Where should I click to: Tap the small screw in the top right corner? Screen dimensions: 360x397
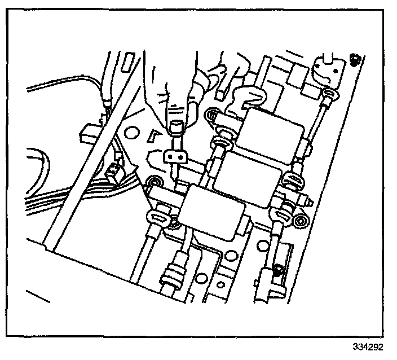(354, 59)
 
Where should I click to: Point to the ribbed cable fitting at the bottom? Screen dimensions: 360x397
(171, 276)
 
